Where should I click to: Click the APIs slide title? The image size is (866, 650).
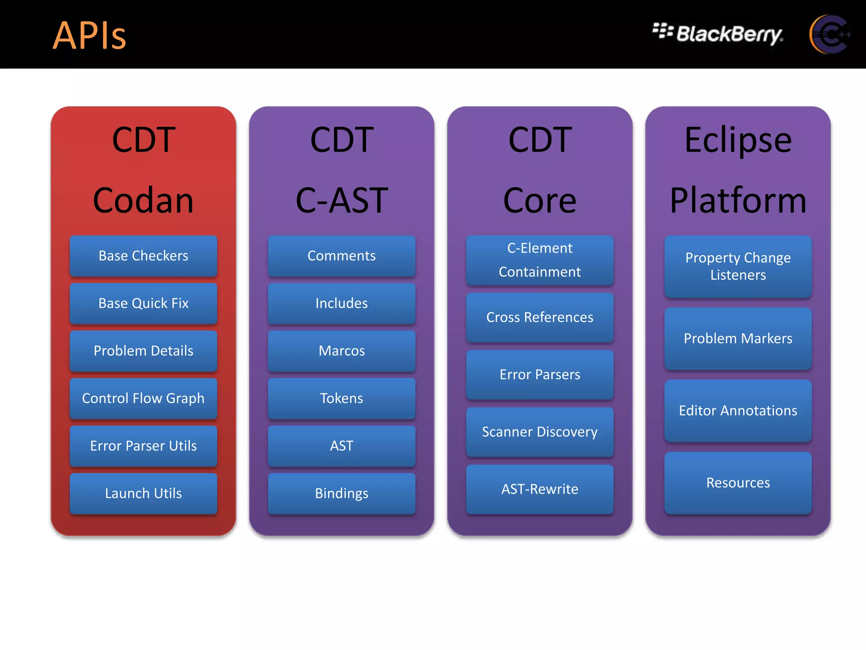[89, 36]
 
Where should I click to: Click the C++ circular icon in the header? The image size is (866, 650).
[829, 34]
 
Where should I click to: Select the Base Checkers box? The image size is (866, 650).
[143, 256]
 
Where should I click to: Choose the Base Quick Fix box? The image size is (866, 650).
[143, 303]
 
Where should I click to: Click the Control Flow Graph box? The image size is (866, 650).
[143, 398]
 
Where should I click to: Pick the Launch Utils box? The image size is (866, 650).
[143, 493]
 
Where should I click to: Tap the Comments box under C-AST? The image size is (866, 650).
[342, 256]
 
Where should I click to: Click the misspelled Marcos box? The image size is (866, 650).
[342, 351]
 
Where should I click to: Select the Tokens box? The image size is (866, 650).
[342, 398]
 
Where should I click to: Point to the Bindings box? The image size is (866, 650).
[342, 493]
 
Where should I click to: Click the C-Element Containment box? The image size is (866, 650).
[540, 260]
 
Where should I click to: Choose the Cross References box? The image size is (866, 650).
[540, 317]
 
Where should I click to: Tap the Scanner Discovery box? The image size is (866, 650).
[540, 432]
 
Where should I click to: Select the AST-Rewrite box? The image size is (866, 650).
[540, 489]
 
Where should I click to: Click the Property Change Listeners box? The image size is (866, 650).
[738, 267]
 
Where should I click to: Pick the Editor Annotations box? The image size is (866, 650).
[738, 410]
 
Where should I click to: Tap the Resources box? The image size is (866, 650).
[738, 483]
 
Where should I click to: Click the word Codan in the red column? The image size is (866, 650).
[143, 201]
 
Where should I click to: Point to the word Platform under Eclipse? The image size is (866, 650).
[738, 201]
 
